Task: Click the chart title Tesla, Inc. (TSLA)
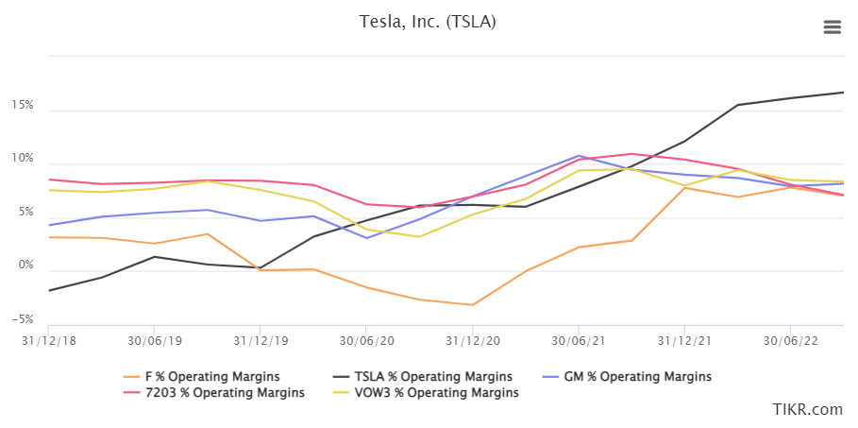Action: (x=428, y=21)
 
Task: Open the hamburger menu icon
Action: (x=832, y=27)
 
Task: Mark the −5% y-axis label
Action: (x=23, y=319)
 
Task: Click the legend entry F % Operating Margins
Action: (x=212, y=376)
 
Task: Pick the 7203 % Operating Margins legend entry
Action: (x=223, y=392)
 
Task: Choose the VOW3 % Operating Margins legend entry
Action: (x=435, y=392)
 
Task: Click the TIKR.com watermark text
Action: (x=806, y=409)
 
